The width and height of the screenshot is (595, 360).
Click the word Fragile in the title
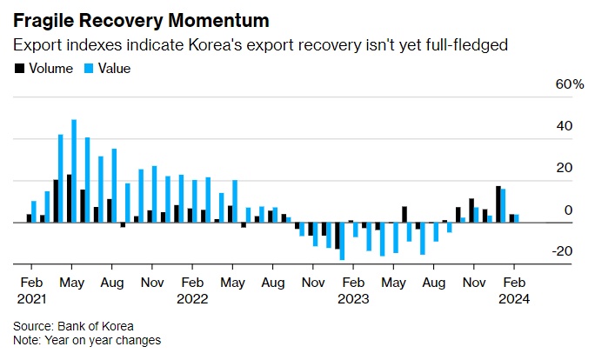coord(44,19)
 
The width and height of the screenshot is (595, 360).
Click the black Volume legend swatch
coord(19,67)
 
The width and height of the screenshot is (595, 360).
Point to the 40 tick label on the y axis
coord(564,126)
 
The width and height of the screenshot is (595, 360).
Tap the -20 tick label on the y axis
coord(562,251)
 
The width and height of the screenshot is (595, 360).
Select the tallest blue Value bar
coord(74,170)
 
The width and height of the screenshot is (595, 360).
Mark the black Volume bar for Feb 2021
coord(29,217)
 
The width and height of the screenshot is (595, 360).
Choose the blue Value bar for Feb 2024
coord(517,217)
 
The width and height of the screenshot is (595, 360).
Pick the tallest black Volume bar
coord(69,198)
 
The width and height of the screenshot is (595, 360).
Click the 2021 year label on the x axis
coord(31,297)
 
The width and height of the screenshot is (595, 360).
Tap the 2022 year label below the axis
coord(192,297)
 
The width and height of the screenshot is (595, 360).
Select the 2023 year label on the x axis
coord(353,297)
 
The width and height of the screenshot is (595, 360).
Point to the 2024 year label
coord(513,297)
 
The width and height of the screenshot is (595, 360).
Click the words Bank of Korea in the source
coord(92,326)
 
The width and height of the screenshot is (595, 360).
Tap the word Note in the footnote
coord(26,340)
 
